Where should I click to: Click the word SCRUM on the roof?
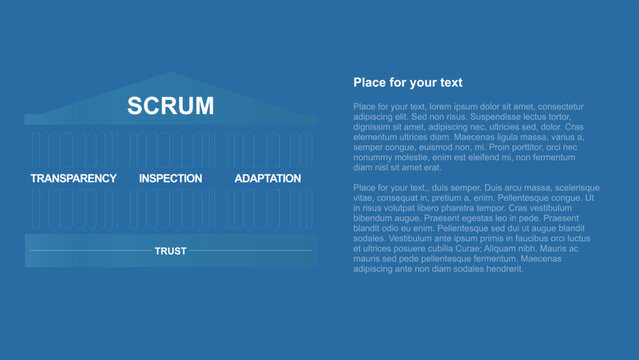pos(170,106)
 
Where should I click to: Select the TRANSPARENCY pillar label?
pos(73,179)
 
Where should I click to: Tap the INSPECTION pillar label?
pos(170,179)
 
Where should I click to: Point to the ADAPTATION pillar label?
pos(267,179)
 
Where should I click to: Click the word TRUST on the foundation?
pos(170,250)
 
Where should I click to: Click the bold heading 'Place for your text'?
pos(407,83)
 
